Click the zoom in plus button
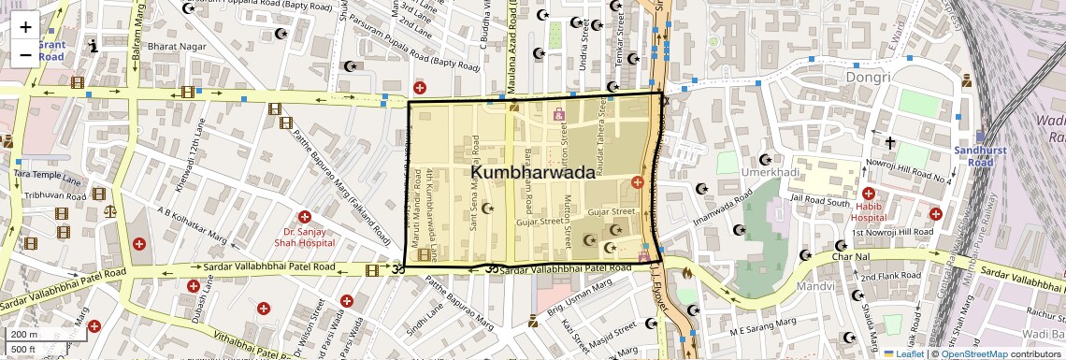click(x=25, y=27)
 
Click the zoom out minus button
click(x=25, y=55)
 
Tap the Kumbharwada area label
click(x=532, y=173)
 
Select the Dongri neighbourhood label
click(x=866, y=77)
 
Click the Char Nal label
click(x=851, y=256)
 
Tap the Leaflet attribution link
click(x=903, y=354)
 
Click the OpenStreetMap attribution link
click(x=973, y=354)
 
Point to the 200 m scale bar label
click(x=23, y=335)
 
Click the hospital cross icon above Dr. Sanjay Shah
click(x=304, y=217)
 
